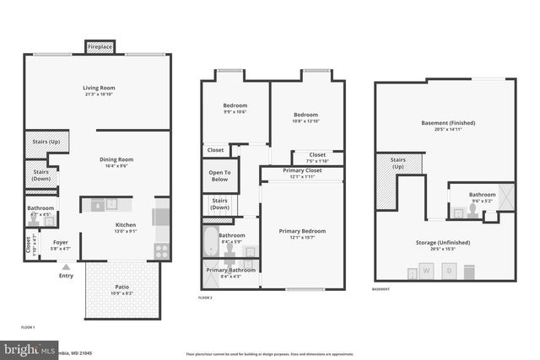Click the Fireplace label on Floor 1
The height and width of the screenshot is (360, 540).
click(100, 47)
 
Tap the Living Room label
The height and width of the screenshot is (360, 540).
click(99, 88)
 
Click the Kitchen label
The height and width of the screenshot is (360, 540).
click(125, 225)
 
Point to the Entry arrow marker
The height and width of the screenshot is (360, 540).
click(66, 267)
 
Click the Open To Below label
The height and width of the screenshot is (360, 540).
click(219, 175)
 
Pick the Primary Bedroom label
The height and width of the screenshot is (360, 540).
click(302, 230)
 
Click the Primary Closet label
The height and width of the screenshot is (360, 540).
click(301, 170)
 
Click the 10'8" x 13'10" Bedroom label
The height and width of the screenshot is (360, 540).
click(305, 115)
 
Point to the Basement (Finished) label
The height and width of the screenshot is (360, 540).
click(448, 123)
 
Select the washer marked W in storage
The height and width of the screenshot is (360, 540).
click(426, 271)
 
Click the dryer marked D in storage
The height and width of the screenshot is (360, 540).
click(450, 271)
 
